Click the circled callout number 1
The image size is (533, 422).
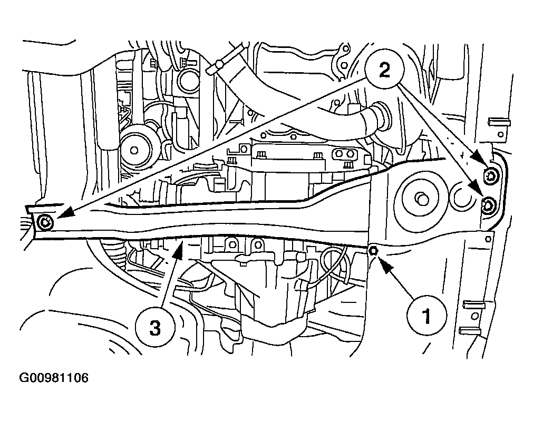tap(427, 316)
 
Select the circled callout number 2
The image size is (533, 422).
tap(384, 71)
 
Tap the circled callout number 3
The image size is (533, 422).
tap(154, 328)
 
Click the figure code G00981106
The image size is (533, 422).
tap(54, 378)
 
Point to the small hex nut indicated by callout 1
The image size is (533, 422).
tap(373, 251)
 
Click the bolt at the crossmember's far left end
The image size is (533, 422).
tap(45, 223)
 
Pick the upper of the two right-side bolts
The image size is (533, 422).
tap(491, 175)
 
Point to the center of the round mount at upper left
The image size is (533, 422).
tap(134, 150)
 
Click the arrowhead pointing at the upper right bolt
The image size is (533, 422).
tap(480, 159)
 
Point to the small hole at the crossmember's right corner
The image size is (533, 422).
tap(488, 239)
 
